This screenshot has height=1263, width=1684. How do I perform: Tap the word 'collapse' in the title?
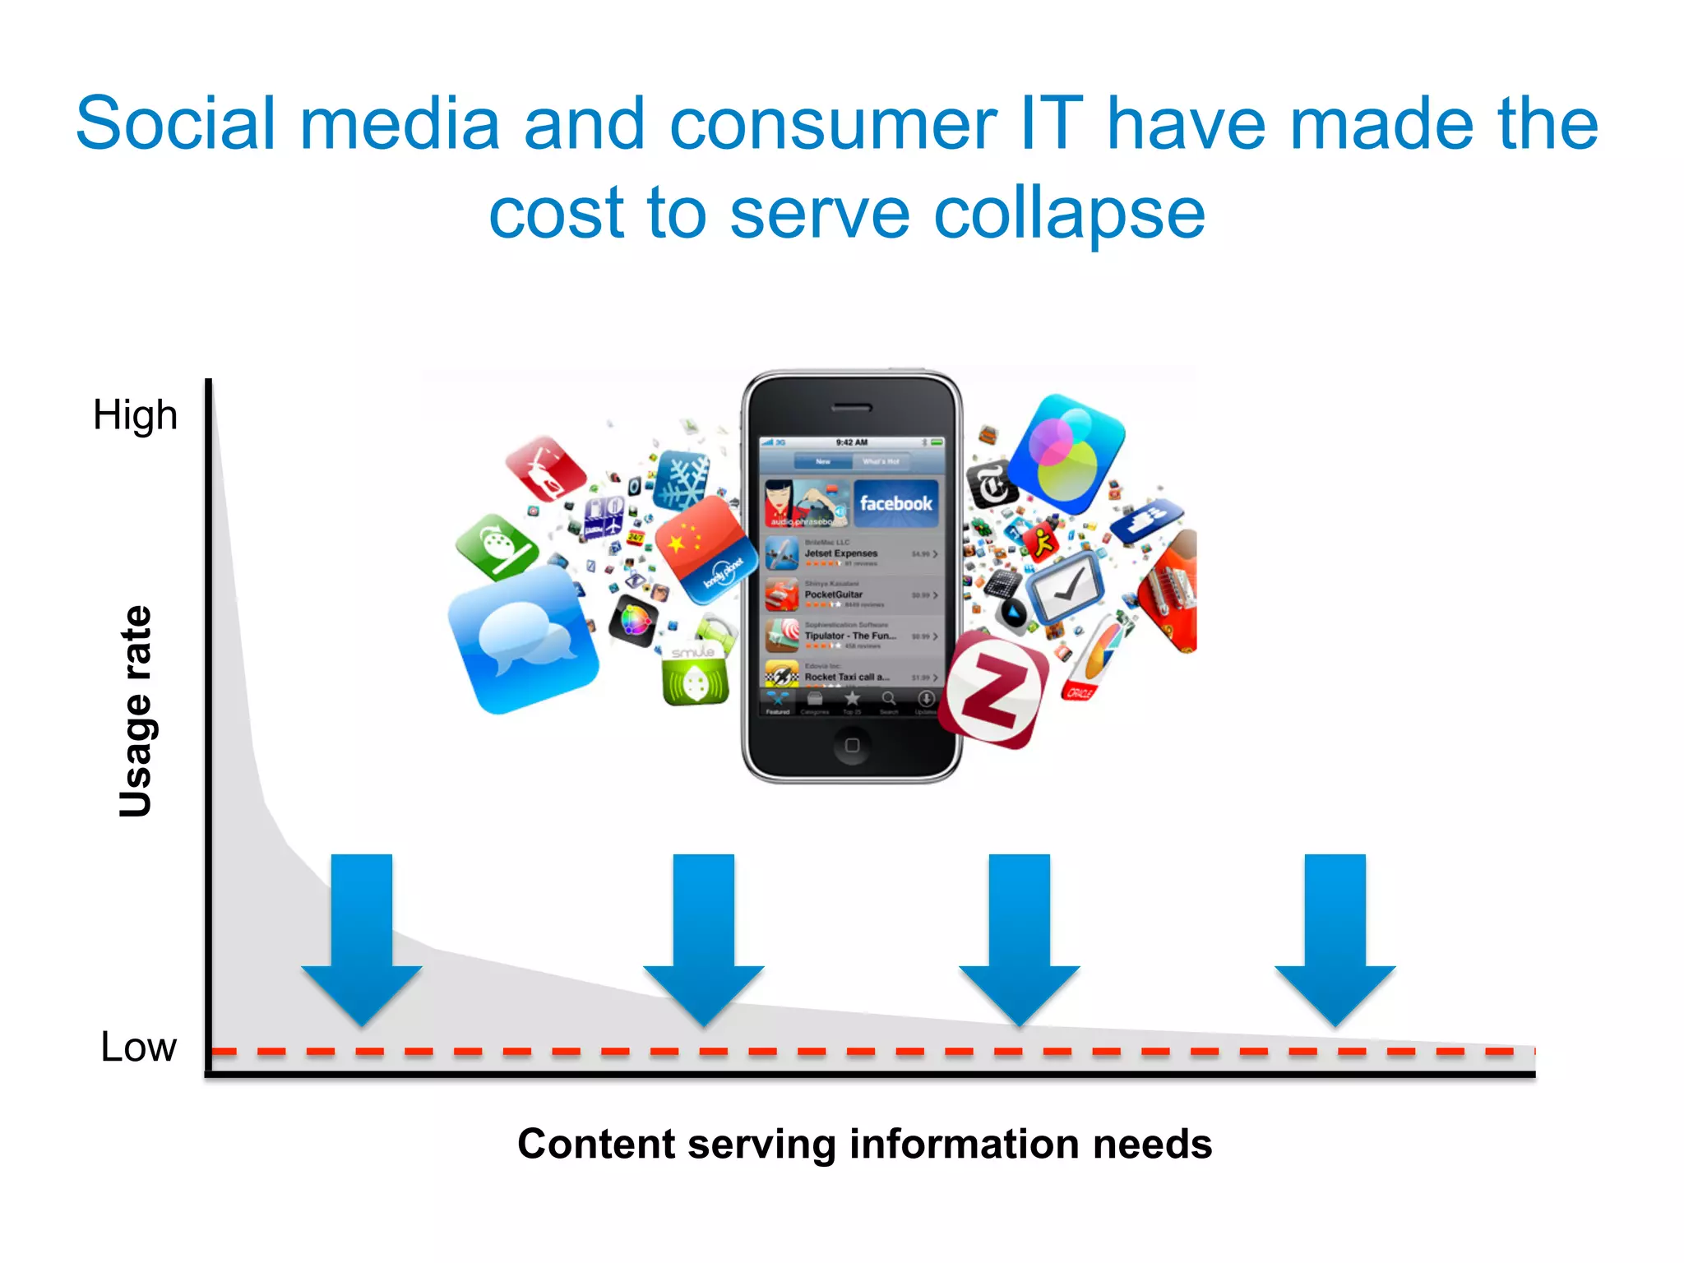pos(1069,214)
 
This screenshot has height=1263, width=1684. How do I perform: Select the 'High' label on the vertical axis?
pos(135,414)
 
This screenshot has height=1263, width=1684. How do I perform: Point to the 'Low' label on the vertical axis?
pos(138,1047)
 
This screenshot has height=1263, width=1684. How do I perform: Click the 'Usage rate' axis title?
pos(136,711)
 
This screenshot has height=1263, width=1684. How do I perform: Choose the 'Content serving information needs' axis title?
pos(864,1144)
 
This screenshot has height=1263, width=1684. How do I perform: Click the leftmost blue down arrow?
pos(362,937)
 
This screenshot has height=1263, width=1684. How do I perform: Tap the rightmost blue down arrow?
pos(1335,937)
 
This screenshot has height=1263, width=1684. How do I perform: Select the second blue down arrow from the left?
pos(704,937)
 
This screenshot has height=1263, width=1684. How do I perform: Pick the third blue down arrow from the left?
pos(1020,937)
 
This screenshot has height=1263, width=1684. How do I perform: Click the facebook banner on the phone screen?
pos(895,502)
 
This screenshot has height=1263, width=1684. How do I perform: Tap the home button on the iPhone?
pos(852,745)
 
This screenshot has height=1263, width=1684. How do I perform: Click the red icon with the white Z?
pos(995,691)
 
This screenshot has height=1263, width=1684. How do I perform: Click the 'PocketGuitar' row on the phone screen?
pos(852,594)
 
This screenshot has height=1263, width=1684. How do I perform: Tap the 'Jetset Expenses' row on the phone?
pos(852,553)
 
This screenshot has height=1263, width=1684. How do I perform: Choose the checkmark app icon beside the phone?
pos(1065,587)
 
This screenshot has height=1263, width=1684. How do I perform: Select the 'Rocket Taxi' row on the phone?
pos(852,676)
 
